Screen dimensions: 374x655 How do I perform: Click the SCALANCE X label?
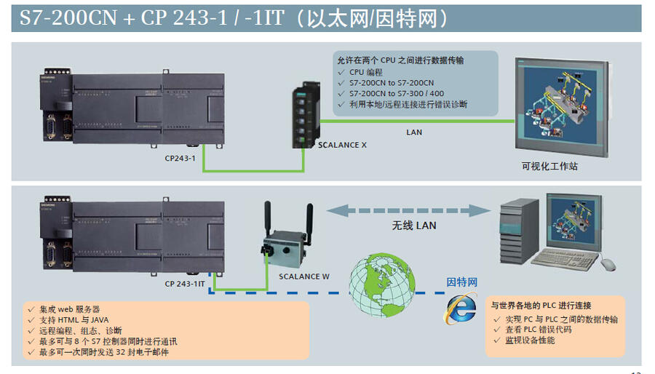pyautogui.click(x=342, y=145)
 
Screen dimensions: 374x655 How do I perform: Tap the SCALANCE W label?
pyautogui.click(x=304, y=276)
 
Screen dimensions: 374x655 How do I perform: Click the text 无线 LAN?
pyautogui.click(x=414, y=226)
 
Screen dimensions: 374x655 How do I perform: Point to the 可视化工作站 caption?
pyautogui.click(x=549, y=167)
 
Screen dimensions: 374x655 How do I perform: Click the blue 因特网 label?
pyautogui.click(x=461, y=282)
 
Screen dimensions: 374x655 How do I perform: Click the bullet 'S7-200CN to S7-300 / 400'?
pyautogui.click(x=396, y=94)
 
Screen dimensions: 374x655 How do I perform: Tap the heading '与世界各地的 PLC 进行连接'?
pyautogui.click(x=541, y=306)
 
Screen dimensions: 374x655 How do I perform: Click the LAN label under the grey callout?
pyautogui.click(x=413, y=132)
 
